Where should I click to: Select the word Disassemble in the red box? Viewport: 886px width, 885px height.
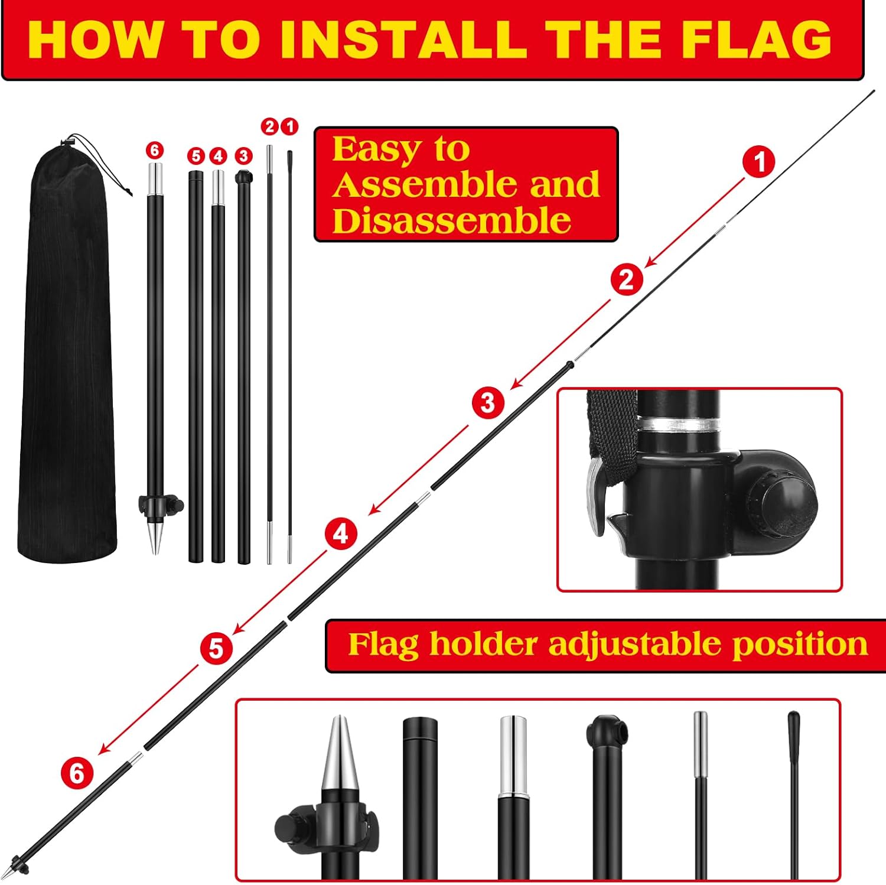click(451, 221)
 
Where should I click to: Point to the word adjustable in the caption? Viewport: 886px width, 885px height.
click(635, 644)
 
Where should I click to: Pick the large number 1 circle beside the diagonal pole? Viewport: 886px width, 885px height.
click(759, 161)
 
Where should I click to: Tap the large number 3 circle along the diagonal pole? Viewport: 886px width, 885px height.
click(487, 403)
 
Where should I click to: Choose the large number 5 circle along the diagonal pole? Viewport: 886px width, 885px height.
click(216, 648)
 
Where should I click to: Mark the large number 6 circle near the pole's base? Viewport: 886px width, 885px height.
click(77, 773)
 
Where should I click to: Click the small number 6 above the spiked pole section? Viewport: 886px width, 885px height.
click(155, 150)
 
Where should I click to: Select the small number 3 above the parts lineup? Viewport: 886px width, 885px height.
click(243, 156)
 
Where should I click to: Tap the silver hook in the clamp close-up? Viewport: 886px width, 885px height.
click(595, 496)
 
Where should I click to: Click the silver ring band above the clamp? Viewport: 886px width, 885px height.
click(679, 424)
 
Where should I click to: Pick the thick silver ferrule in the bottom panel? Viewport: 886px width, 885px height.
click(513, 753)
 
